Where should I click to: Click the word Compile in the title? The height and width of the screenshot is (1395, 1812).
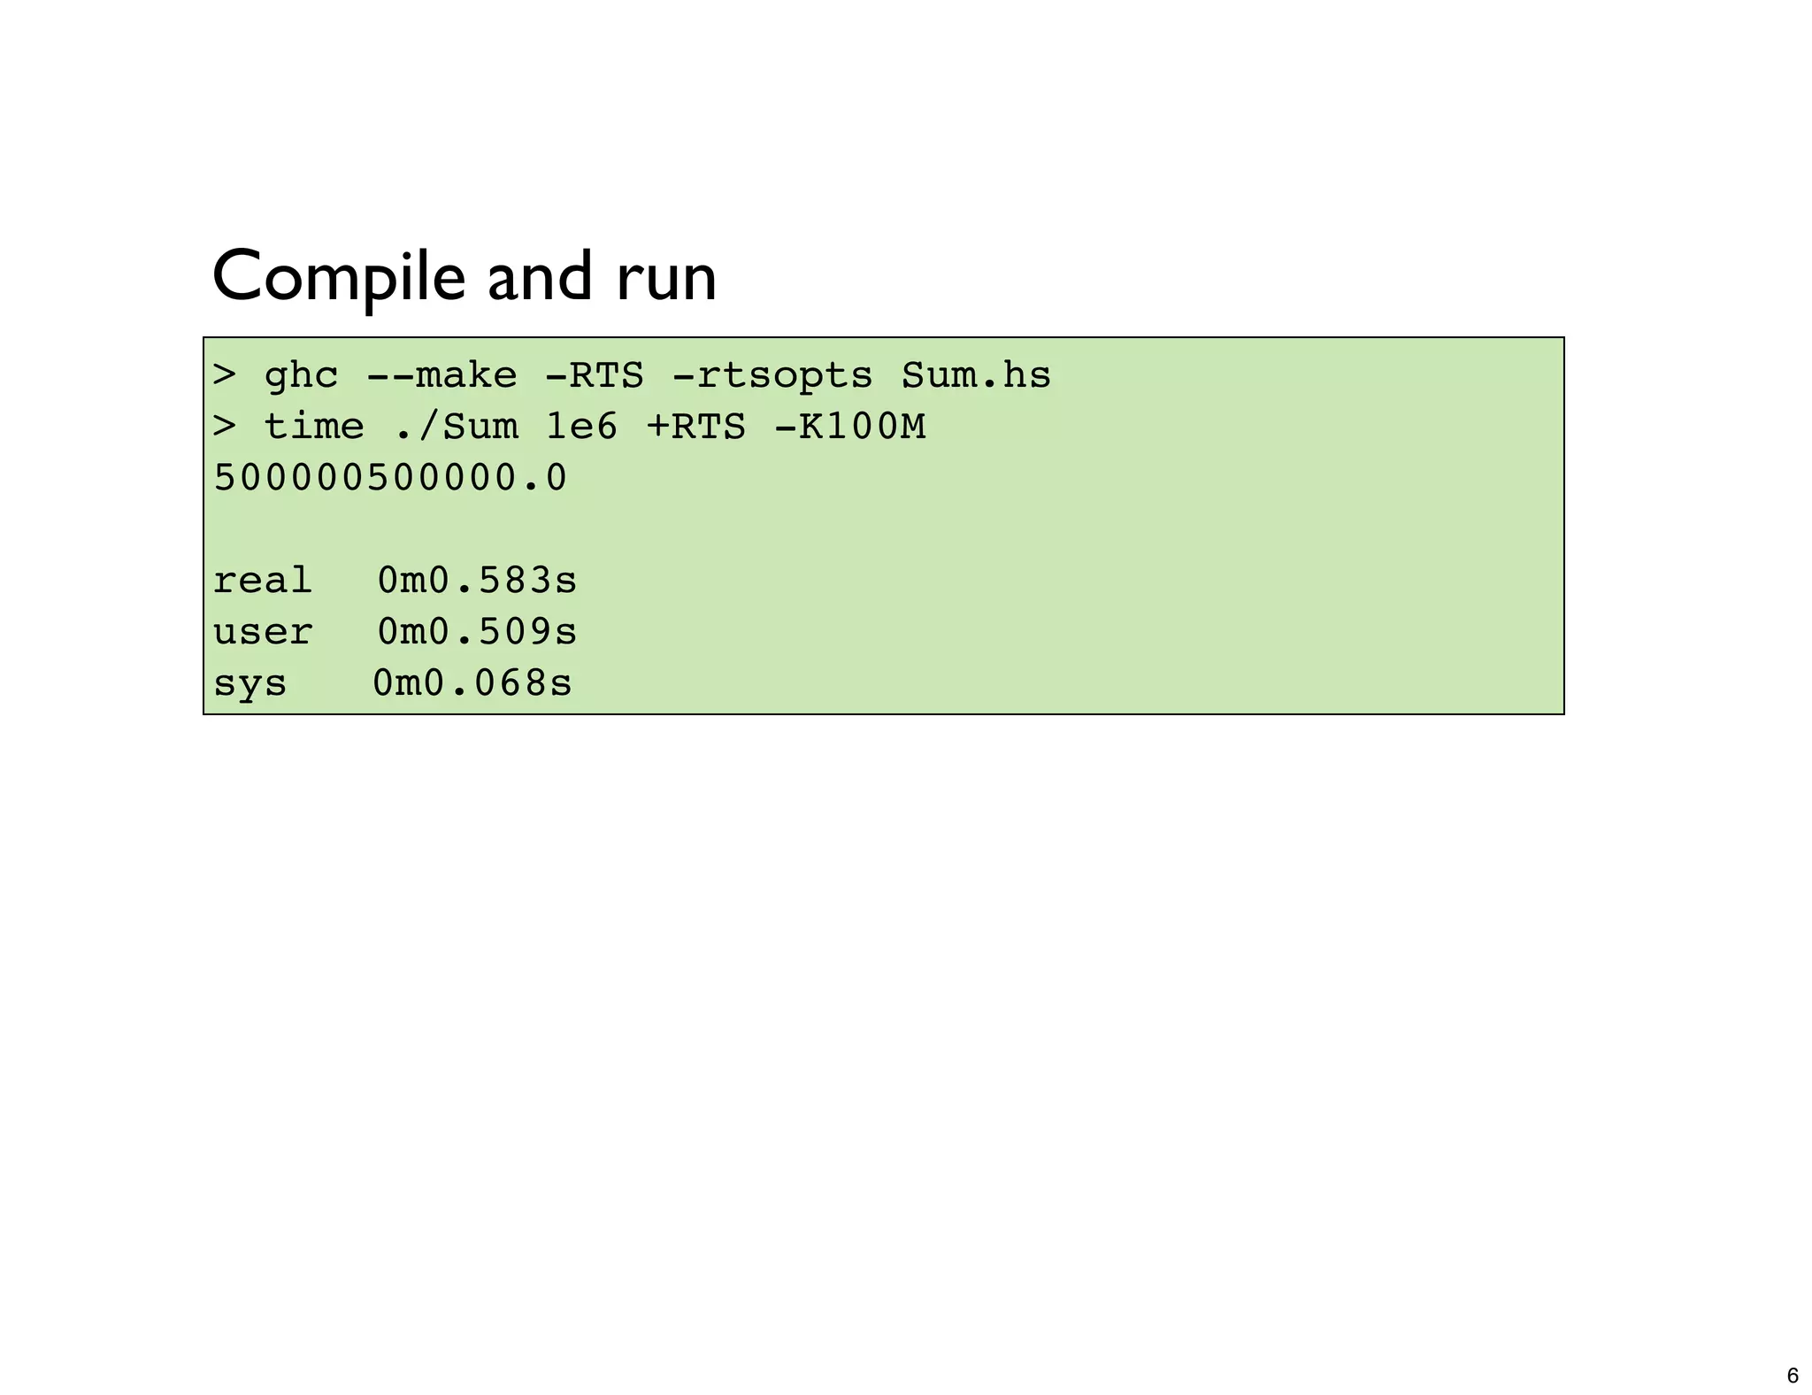pyautogui.click(x=338, y=277)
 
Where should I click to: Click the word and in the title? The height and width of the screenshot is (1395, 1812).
pyautogui.click(x=540, y=277)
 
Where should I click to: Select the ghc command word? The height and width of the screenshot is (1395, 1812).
pyautogui.click(x=301, y=376)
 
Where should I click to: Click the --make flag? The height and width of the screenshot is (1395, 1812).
pyautogui.click(x=441, y=376)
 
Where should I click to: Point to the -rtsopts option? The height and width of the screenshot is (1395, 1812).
pyautogui.click(x=772, y=376)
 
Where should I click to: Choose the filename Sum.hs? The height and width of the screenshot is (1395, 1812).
pyautogui.click(x=976, y=376)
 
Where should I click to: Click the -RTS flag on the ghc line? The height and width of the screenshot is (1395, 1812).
pyautogui.click(x=594, y=376)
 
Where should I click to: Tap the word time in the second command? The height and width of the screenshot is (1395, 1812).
pyautogui.click(x=314, y=428)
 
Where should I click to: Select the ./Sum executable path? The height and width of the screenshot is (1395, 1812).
pyautogui.click(x=455, y=428)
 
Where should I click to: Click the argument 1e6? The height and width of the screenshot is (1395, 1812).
pyautogui.click(x=581, y=428)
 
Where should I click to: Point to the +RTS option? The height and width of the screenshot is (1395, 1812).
pyautogui.click(x=695, y=428)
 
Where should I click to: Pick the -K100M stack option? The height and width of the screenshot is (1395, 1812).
pyautogui.click(x=849, y=428)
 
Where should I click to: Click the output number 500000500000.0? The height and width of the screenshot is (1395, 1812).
pyautogui.click(x=390, y=479)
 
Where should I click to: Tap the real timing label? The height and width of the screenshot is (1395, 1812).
pyautogui.click(x=263, y=582)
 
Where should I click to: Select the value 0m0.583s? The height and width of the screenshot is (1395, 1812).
pyautogui.click(x=477, y=582)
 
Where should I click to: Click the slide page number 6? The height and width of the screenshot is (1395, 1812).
pyautogui.click(x=1793, y=1376)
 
